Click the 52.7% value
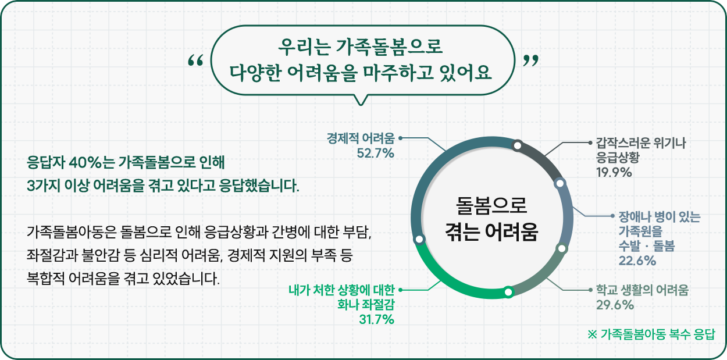pyautogui.click(x=376, y=153)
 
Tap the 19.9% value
pyautogui.click(x=614, y=172)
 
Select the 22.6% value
pyautogui.click(x=637, y=261)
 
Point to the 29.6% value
pyautogui.click(x=615, y=305)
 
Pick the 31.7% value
pyautogui.click(x=376, y=320)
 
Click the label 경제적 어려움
pyautogui.click(x=361, y=138)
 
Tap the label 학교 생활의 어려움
pyautogui.click(x=642, y=290)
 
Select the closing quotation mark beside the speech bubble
pyautogui.click(x=532, y=60)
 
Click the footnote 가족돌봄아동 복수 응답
pyautogui.click(x=658, y=334)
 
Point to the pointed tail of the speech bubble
pyautogui.click(x=360, y=105)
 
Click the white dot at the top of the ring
pyautogui.click(x=518, y=145)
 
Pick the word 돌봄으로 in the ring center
pyautogui.click(x=491, y=205)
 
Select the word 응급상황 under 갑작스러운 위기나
pyautogui.click(x=618, y=158)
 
